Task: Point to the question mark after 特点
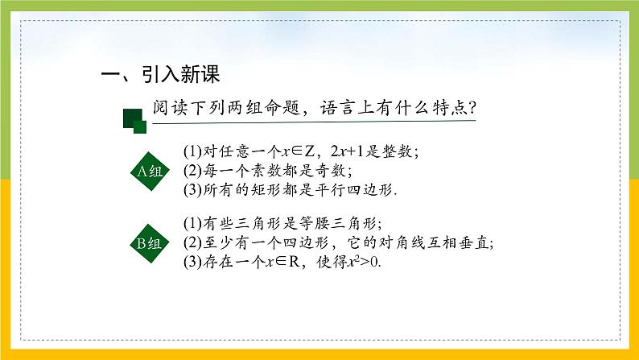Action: pos(472,107)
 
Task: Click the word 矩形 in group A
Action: pos(264,191)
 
